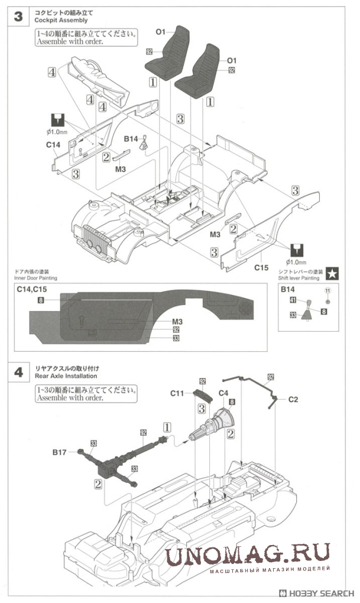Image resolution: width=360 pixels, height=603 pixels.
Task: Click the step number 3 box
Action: [18, 17]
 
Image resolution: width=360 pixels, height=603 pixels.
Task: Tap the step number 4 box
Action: [18, 372]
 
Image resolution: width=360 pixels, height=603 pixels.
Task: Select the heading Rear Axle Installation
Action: [66, 375]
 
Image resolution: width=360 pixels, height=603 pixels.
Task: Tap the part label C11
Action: [179, 392]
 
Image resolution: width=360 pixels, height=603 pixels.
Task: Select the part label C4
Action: [224, 392]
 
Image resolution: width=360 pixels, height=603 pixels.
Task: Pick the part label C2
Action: [294, 400]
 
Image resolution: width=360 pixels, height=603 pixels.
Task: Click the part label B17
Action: [59, 452]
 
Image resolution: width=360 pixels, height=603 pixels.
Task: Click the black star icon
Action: [333, 273]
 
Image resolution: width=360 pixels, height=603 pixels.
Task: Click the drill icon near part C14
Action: [57, 118]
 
